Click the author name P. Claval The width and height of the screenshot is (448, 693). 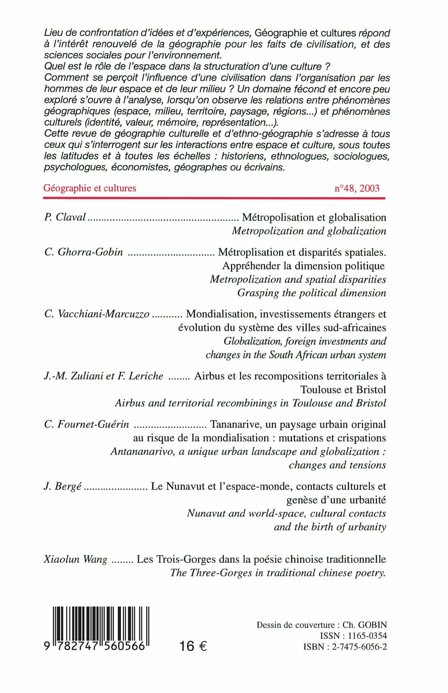tap(65, 217)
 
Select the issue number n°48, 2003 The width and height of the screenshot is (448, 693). tap(357, 188)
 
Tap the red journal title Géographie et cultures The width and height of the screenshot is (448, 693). tap(90, 188)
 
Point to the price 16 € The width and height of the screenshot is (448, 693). tap(193, 646)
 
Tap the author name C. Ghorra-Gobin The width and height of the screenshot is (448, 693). tap(84, 252)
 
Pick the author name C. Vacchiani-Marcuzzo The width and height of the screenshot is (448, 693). tap(97, 314)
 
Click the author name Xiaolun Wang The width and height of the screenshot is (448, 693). tap(76, 559)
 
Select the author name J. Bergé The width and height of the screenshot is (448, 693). tap(63, 487)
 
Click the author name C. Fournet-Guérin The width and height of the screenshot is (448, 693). tap(87, 424)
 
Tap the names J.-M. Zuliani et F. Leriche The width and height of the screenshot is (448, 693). tap(103, 376)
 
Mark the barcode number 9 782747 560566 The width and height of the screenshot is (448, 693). tap(95, 646)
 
